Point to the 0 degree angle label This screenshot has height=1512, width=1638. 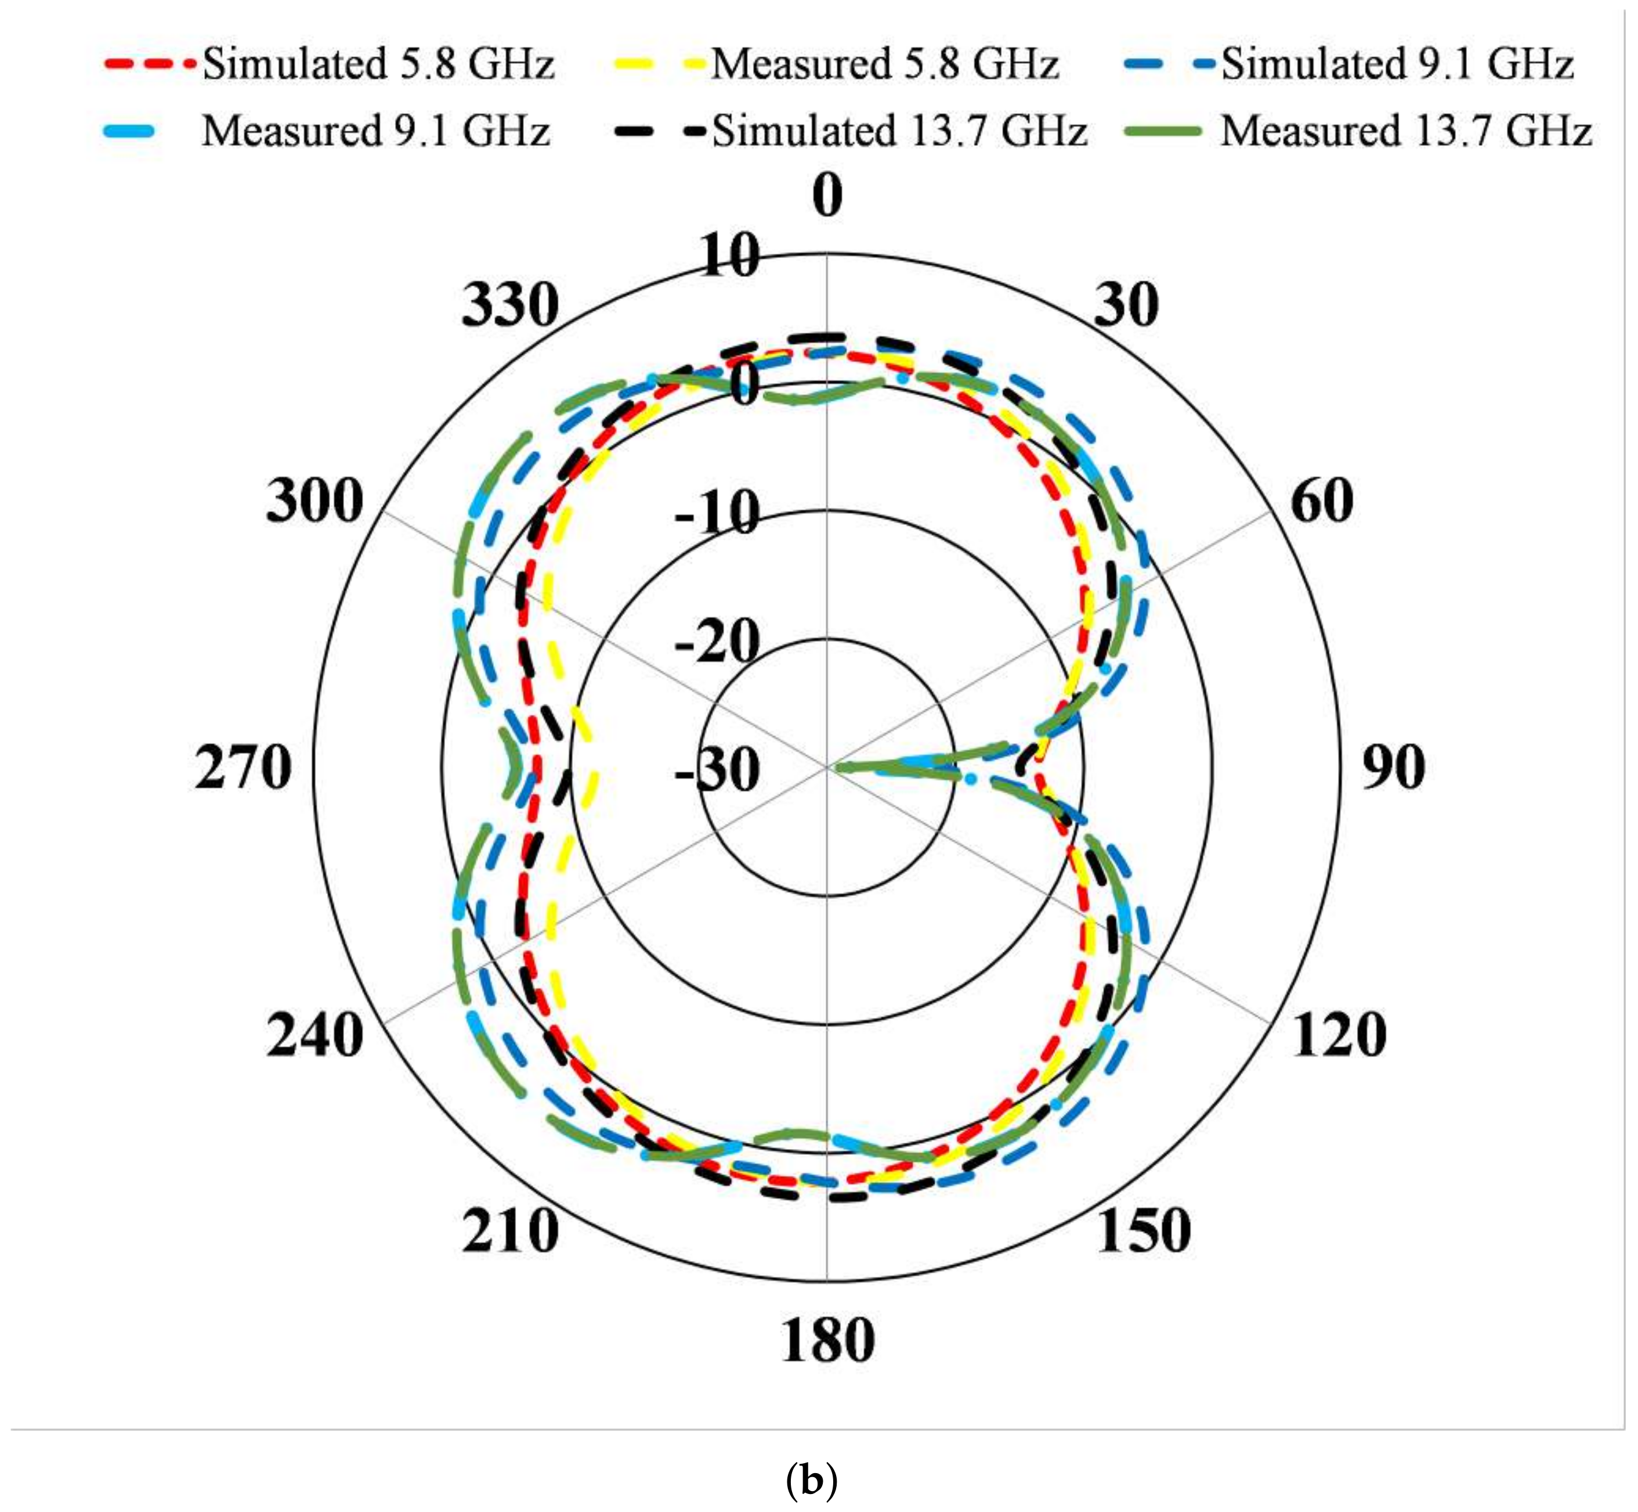pyautogui.click(x=827, y=196)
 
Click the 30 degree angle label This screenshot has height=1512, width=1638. pyautogui.click(x=1126, y=305)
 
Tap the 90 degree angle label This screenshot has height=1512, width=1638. pyautogui.click(x=1393, y=768)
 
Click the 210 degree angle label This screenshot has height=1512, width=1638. pyautogui.click(x=510, y=1232)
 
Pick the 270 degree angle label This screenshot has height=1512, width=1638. pyautogui.click(x=243, y=768)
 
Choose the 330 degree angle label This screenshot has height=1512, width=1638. pyautogui.click(x=510, y=305)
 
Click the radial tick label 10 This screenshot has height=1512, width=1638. pyautogui.click(x=731, y=257)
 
